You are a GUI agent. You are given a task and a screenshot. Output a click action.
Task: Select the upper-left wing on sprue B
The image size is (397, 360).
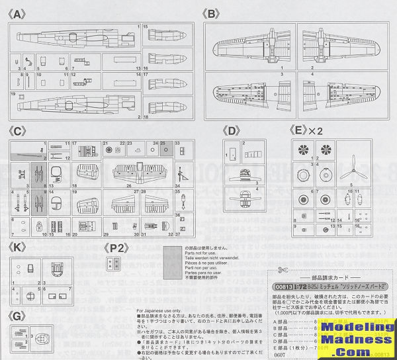[x=249, y=46]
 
